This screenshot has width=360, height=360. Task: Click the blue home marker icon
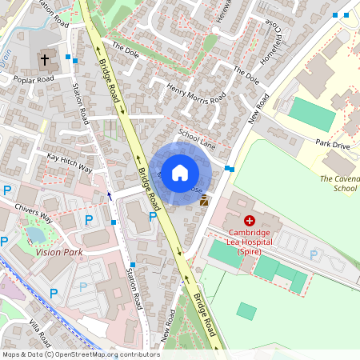(x=180, y=172)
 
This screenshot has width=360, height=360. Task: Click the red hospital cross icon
(x=250, y=220)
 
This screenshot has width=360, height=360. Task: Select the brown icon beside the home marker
(x=204, y=201)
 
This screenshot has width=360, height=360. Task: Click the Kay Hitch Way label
(x=69, y=162)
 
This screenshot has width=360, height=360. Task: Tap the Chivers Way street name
(x=34, y=212)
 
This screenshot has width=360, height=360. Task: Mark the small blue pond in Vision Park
(x=34, y=235)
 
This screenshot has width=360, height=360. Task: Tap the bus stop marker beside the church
(x=70, y=58)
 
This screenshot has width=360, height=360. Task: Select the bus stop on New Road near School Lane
(x=230, y=168)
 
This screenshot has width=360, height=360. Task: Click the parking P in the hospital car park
(x=314, y=254)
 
